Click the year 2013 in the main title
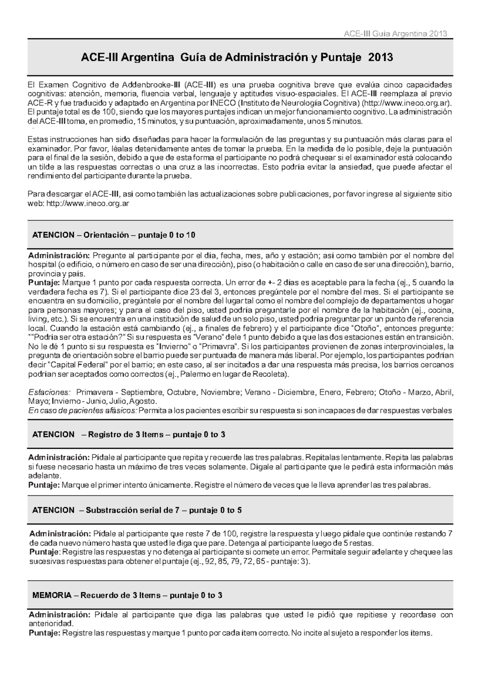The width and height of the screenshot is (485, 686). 380,57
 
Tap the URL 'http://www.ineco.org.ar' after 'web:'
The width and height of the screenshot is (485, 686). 88,204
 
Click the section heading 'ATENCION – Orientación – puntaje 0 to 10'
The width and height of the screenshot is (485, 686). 114,235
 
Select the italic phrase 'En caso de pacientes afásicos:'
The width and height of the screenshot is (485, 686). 83,411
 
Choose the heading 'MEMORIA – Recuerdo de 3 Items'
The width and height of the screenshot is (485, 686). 127,596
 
